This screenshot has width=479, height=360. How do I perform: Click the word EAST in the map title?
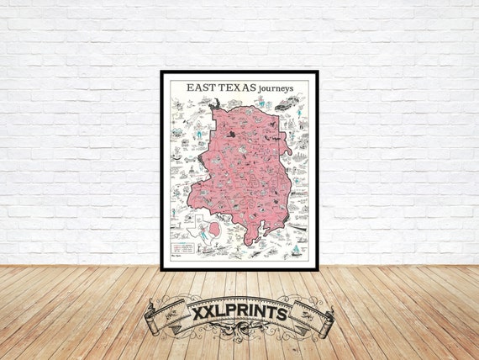tap(200, 87)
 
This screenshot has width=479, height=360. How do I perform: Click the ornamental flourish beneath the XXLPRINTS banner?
tap(239, 336)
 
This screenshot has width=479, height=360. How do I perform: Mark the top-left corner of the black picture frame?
tap(161, 71)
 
